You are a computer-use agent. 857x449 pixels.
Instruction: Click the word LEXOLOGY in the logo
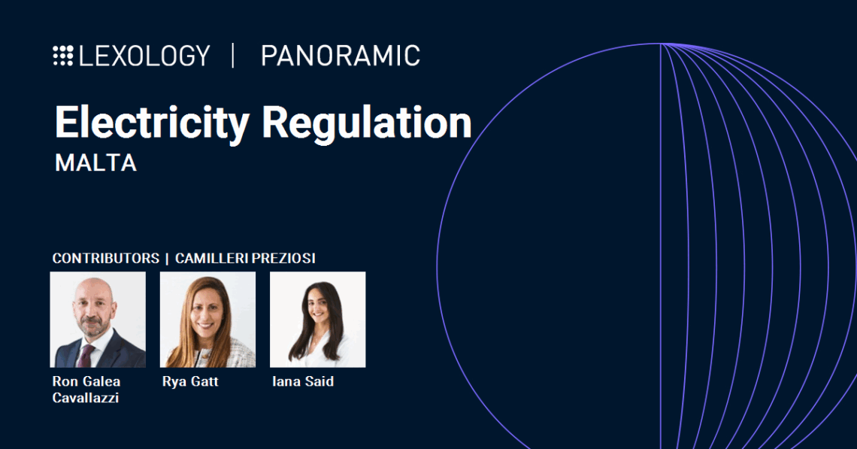tap(144, 56)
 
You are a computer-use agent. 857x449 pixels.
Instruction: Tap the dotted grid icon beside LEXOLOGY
tap(63, 56)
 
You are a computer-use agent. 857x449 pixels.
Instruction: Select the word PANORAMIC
tap(341, 56)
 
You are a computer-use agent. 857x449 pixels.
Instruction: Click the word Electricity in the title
tap(152, 123)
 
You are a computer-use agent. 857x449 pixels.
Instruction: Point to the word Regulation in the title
tap(367, 123)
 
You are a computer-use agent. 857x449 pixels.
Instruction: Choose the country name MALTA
tap(95, 163)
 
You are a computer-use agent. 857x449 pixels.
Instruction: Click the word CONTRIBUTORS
tap(105, 258)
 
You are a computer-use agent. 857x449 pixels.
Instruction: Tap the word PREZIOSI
tap(283, 258)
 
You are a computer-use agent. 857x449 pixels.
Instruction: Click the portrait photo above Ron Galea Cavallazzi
tap(98, 320)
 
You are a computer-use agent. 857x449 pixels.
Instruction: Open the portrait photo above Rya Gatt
tap(207, 320)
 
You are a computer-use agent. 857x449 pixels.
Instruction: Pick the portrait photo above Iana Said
tap(317, 320)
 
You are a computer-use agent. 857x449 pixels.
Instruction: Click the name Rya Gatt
tap(190, 381)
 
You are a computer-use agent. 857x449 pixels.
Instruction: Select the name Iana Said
tap(303, 381)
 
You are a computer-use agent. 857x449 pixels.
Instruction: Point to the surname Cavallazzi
tap(86, 398)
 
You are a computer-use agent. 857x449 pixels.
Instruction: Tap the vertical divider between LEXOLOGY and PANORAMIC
tap(233, 56)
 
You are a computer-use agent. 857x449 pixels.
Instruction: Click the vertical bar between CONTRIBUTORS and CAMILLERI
tap(167, 258)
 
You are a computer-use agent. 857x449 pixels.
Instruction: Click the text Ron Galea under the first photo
tap(86, 381)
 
